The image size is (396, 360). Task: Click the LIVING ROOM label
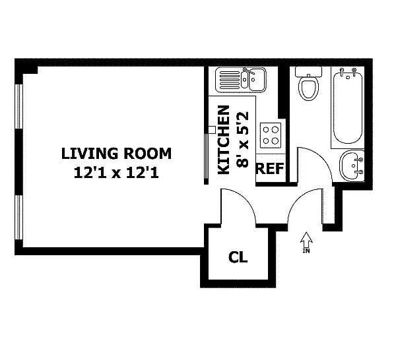(x=116, y=154)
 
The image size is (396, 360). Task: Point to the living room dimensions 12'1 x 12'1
(x=116, y=173)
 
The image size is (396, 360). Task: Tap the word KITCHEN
(x=224, y=140)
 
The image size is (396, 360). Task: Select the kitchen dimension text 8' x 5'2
(x=242, y=140)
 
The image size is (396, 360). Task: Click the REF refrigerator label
(x=270, y=169)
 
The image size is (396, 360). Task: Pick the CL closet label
(x=238, y=257)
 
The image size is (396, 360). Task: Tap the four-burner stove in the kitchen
(x=271, y=135)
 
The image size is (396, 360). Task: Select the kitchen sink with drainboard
(x=241, y=80)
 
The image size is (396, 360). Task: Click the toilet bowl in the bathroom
(x=308, y=88)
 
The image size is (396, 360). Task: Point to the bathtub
(x=348, y=107)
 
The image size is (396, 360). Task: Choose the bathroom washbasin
(x=352, y=165)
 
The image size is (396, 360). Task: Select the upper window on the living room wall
(x=19, y=107)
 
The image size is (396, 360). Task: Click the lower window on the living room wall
(x=19, y=217)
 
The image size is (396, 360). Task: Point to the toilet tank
(x=308, y=71)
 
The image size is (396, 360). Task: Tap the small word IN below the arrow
(x=306, y=251)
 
